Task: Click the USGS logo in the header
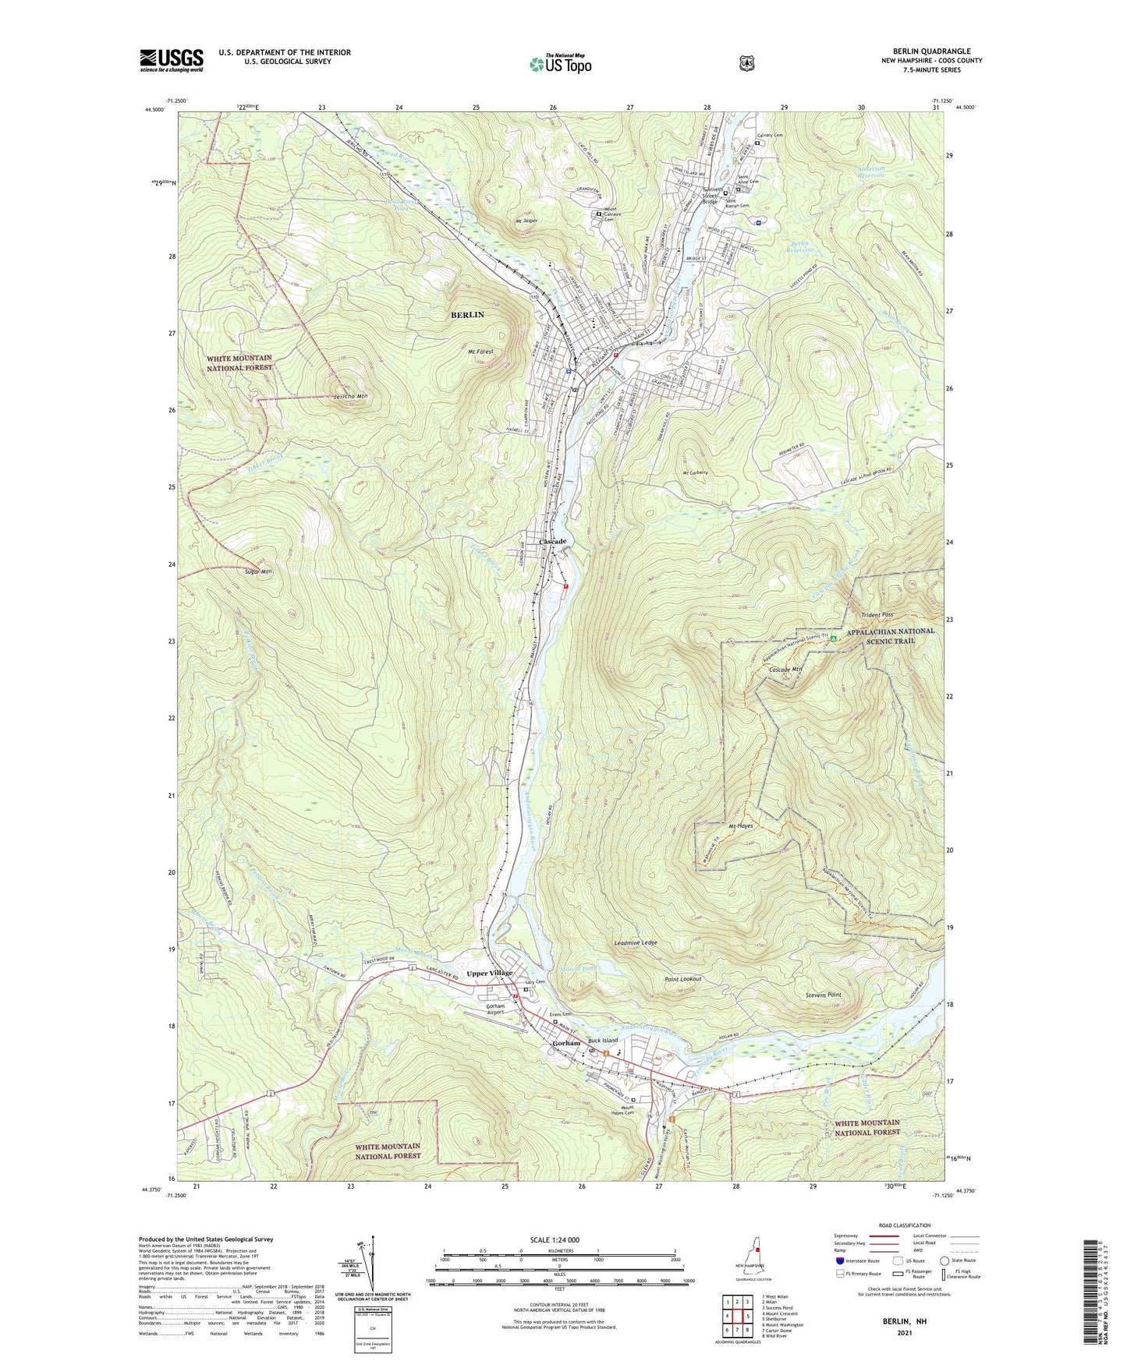pyautogui.click(x=172, y=60)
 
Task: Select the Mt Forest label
pyautogui.click(x=480, y=352)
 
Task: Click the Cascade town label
pyautogui.click(x=552, y=541)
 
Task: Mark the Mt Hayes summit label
pyautogui.click(x=740, y=825)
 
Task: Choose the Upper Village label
pyautogui.click(x=490, y=973)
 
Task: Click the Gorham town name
pyautogui.click(x=566, y=1043)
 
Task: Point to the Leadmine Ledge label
pyautogui.click(x=636, y=942)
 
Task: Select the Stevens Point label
pyautogui.click(x=823, y=995)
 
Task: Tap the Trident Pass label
pyautogui.click(x=877, y=615)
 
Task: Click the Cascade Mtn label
pyautogui.click(x=785, y=670)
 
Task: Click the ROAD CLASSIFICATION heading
pyautogui.click(x=904, y=1226)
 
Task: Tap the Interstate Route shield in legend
pyautogui.click(x=839, y=1260)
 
